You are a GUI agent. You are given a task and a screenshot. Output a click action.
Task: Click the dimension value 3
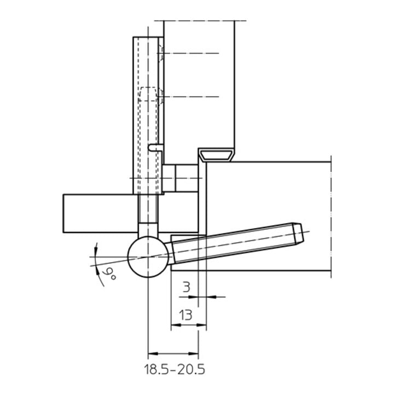[x=186, y=287]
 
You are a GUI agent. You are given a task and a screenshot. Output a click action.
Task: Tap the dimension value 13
[x=186, y=315]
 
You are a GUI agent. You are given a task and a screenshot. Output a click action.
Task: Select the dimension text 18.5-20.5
[x=175, y=369]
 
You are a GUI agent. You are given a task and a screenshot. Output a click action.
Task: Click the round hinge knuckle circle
[x=148, y=257]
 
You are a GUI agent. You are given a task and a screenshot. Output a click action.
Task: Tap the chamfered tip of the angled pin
[x=299, y=234]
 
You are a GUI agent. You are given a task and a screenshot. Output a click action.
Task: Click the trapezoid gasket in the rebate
[x=216, y=155]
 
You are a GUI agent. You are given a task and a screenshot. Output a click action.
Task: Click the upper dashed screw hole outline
[x=161, y=54]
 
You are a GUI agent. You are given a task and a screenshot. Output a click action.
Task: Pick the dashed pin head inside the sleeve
[x=148, y=95]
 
